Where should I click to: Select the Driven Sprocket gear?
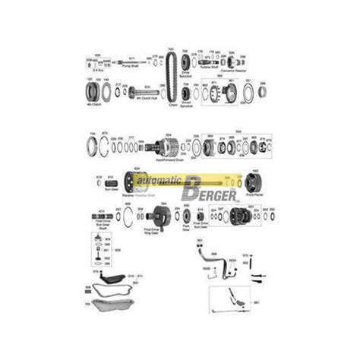click(x=186, y=93)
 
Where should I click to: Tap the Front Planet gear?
click(x=253, y=183)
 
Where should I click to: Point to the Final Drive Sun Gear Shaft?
click(x=103, y=216)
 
